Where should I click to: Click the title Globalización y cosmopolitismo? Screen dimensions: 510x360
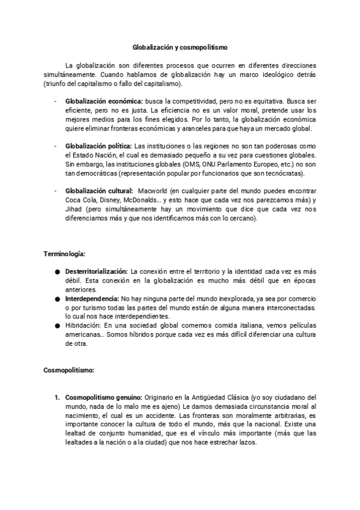click(x=180, y=46)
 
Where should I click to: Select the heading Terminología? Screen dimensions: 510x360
click(x=64, y=255)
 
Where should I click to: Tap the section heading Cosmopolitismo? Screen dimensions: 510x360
click(x=69, y=371)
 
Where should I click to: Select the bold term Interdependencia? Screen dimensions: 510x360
click(x=92, y=298)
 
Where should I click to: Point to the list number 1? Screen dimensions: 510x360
click(x=57, y=398)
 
